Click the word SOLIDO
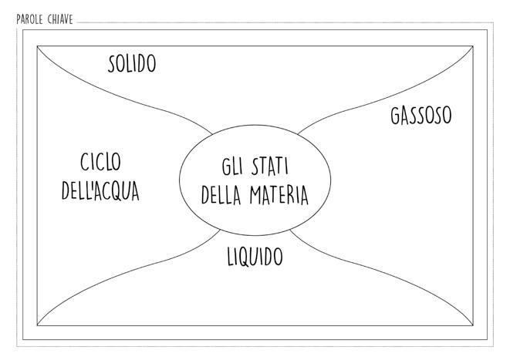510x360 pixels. click(132, 64)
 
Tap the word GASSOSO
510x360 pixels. click(420, 116)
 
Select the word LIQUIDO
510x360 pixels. click(255, 257)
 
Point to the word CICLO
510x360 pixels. click(101, 163)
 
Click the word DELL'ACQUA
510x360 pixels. click(101, 190)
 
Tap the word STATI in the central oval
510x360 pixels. click(269, 167)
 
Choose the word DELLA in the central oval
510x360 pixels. click(223, 195)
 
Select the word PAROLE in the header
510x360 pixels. click(30, 20)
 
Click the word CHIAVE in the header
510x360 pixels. click(60, 20)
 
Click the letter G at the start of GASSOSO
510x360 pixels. click(395, 116)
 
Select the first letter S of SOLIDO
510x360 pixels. click(113, 64)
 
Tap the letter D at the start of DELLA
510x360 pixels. click(206, 195)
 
